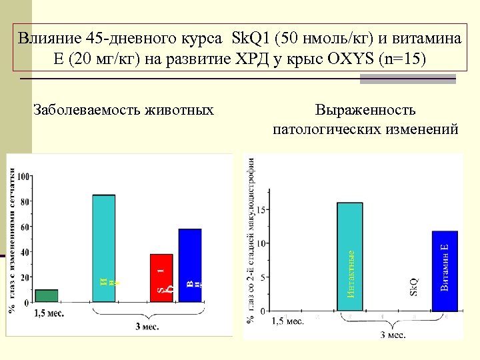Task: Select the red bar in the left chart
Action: (161, 278)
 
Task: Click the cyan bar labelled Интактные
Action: (350, 257)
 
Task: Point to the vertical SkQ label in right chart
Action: (413, 287)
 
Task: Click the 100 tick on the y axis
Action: (23, 177)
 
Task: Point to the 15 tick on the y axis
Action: (261, 210)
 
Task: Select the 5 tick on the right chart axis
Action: (263, 277)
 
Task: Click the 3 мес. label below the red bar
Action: (146, 326)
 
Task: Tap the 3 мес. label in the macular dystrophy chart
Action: (393, 334)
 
